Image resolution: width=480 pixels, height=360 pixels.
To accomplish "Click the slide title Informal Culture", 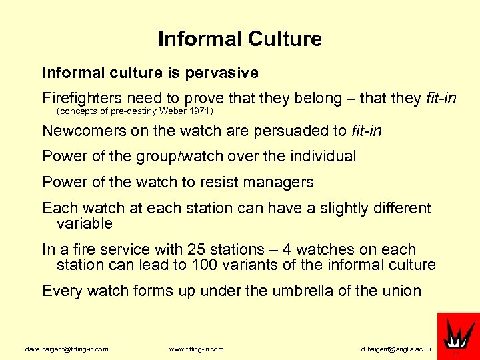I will (x=240, y=39).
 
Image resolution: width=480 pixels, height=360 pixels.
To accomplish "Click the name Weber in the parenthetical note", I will (x=173, y=111).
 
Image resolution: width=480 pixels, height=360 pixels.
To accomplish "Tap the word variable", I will (x=85, y=223).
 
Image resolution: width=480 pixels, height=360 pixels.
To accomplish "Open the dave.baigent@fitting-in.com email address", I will (x=67, y=349).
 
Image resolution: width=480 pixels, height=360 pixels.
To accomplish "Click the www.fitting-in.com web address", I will (x=197, y=349).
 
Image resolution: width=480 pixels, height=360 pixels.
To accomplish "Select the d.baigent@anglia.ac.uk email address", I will (x=397, y=349).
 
